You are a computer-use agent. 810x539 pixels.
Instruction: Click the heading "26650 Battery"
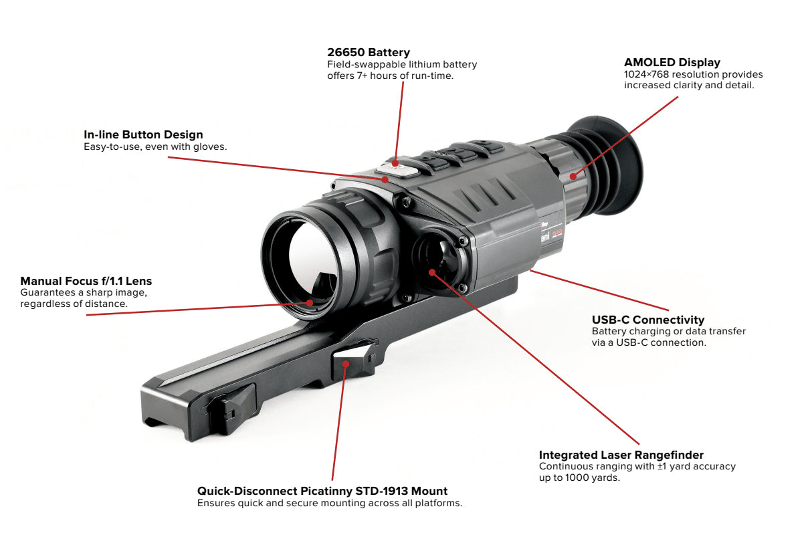[x=369, y=52]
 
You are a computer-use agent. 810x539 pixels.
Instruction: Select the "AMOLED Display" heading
[x=672, y=63]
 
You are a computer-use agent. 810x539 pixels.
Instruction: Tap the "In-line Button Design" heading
[x=143, y=135]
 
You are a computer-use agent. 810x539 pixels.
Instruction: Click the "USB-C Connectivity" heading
[x=647, y=320]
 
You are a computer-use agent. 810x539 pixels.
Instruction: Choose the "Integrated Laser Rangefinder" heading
[x=621, y=455]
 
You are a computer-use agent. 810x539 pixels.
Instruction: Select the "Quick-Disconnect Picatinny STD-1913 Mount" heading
[x=322, y=491]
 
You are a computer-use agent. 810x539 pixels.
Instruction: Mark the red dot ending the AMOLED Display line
[x=573, y=177]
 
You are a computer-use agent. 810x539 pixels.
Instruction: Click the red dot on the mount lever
[x=345, y=363]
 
